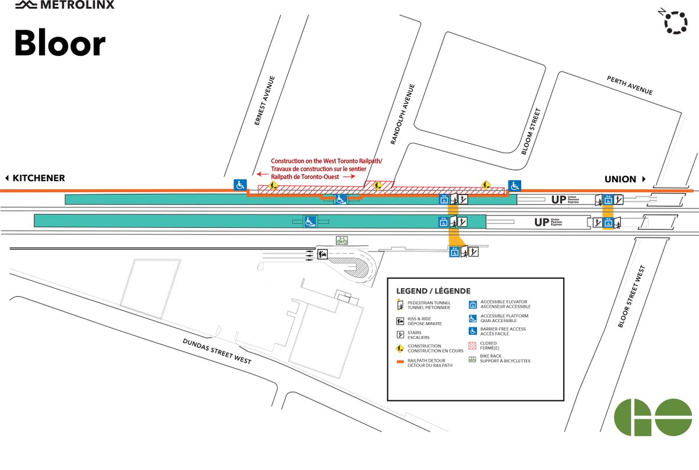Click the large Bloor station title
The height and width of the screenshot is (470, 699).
59,44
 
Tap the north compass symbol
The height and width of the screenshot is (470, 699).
675,22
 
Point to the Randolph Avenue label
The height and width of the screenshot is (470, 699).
403,114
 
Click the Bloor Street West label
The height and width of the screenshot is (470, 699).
631,296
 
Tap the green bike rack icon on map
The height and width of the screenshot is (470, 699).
341,240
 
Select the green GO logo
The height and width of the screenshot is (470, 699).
653,417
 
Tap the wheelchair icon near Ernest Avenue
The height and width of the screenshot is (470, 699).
239,185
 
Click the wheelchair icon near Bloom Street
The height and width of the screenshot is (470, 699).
514,185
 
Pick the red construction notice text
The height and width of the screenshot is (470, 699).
318,168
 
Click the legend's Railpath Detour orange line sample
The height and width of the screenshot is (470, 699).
401,361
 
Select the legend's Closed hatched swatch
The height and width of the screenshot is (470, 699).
473,345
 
